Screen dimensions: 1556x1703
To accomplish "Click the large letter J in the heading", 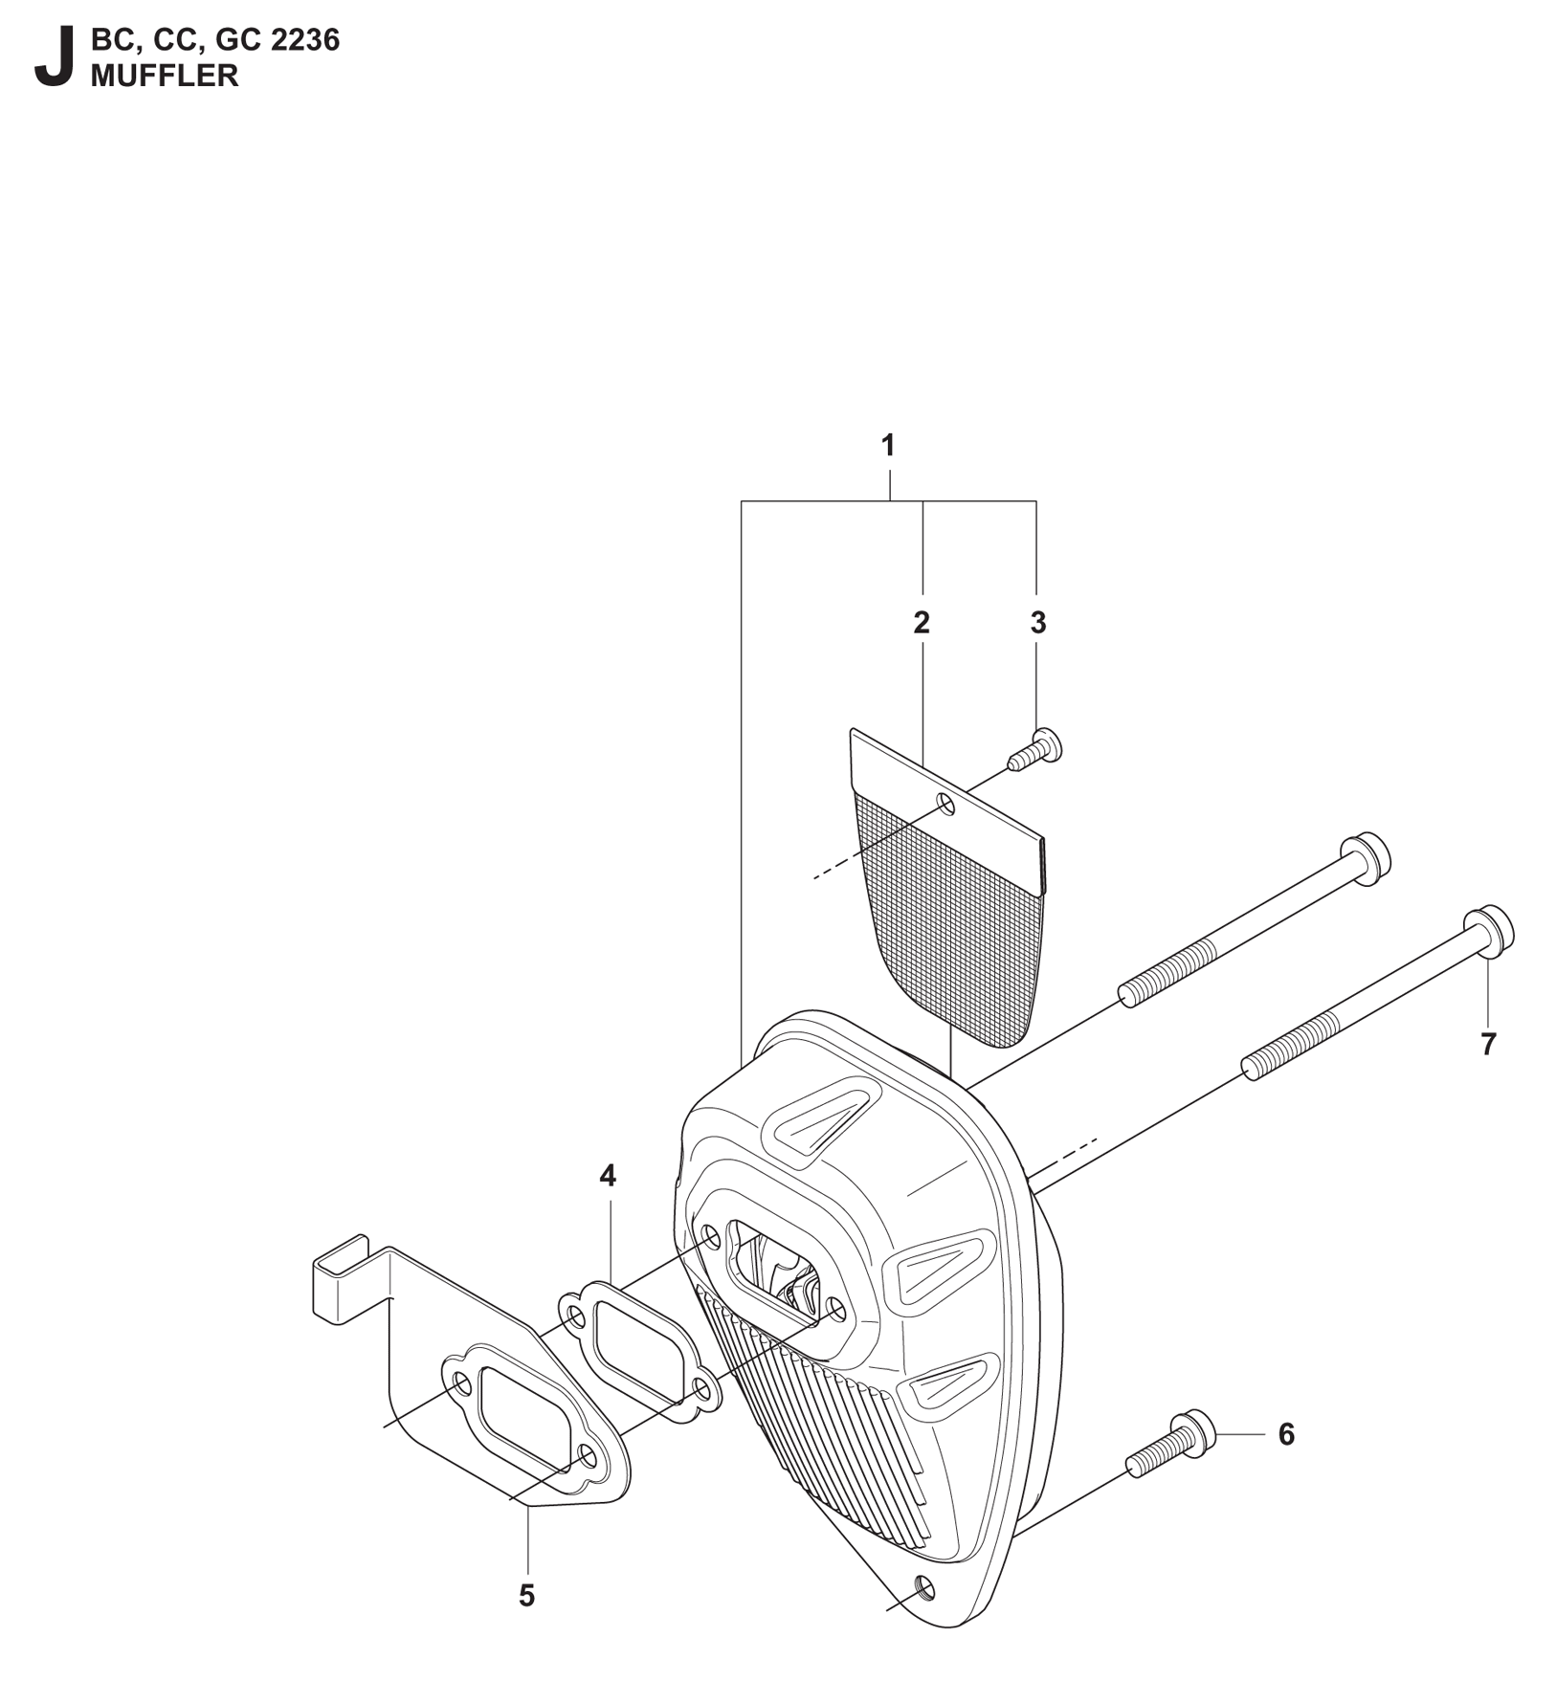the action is coord(54,58).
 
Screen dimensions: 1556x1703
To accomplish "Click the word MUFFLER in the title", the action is coord(165,76).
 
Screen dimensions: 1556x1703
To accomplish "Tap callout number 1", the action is coord(888,446).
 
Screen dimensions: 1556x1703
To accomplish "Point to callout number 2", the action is coord(922,623).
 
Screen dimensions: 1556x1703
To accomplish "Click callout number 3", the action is coord(1038,623).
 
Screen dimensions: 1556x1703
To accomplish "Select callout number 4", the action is coord(608,1176).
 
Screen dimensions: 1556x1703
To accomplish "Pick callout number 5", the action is coord(526,1596).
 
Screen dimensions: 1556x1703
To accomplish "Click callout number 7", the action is coord(1488,1045).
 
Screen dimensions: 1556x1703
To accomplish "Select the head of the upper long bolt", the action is coord(1367,859).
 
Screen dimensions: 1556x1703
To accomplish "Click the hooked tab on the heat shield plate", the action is coord(341,1276).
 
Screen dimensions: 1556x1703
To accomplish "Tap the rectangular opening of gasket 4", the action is coord(635,1334).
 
